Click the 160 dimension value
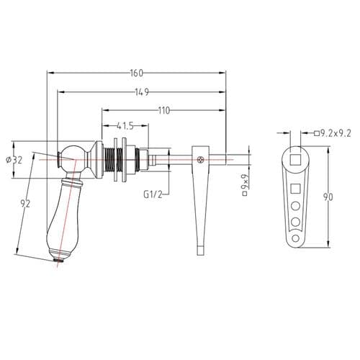click(x=137, y=73)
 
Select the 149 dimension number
click(x=142, y=91)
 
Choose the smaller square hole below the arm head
click(x=295, y=188)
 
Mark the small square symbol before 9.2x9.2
click(x=316, y=133)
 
